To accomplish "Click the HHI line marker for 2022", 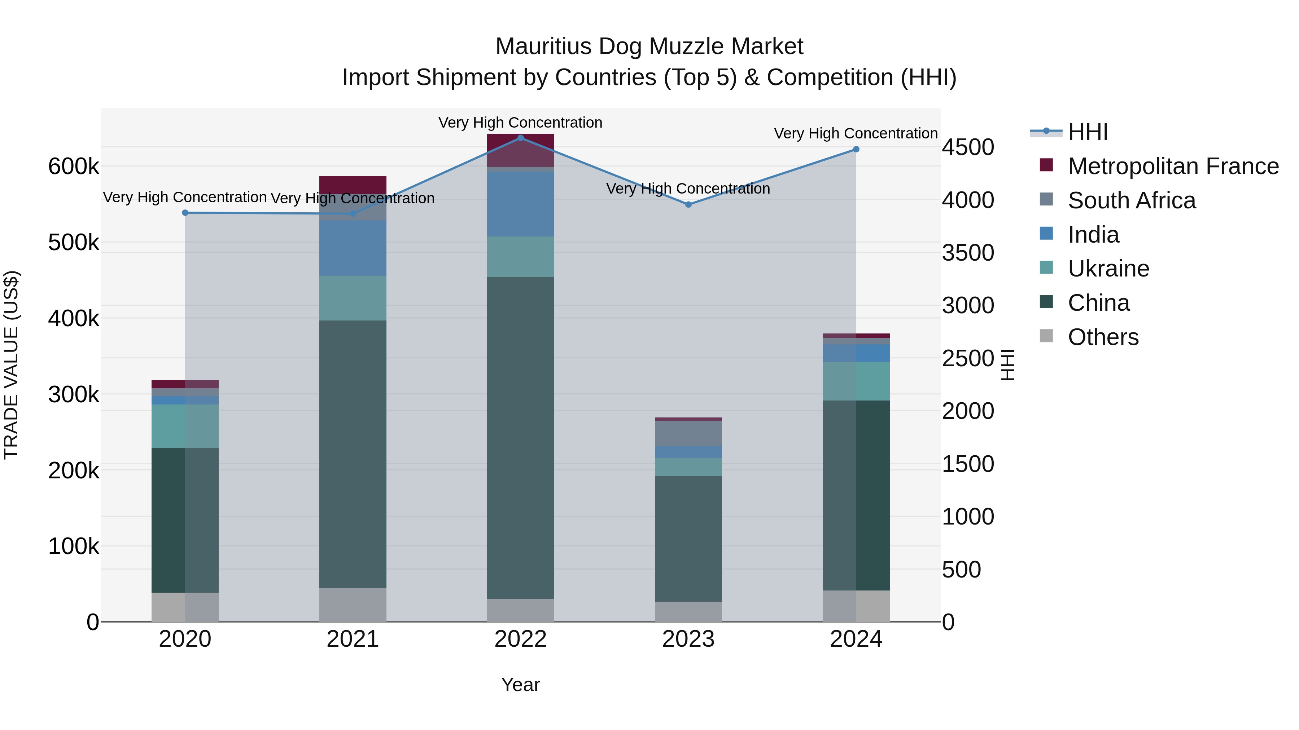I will coord(520,138).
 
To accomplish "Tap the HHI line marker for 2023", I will coord(688,204).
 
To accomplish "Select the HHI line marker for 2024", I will coord(856,150).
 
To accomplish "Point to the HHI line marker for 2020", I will coord(185,213).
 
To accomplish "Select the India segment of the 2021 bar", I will coord(353,248).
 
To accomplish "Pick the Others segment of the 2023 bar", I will coord(688,612).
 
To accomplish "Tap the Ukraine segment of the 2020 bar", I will coord(185,426).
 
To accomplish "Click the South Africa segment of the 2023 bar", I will coord(688,433).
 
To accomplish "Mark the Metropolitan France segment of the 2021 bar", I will coord(353,184).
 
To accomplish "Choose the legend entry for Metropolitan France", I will coord(1173,166).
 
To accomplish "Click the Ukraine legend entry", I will coord(1108,269).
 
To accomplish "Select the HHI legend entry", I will coord(1088,132).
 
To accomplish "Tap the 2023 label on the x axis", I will coord(688,639).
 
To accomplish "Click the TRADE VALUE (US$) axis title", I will coord(11,365).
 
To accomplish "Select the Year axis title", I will coord(520,685).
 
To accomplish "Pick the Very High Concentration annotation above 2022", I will coord(520,123).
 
